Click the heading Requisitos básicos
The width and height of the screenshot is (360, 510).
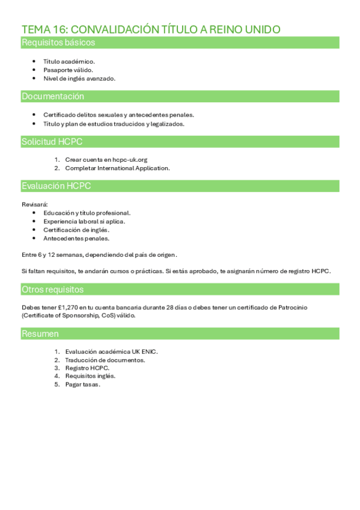click(58, 43)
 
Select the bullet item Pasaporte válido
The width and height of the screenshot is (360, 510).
click(68, 70)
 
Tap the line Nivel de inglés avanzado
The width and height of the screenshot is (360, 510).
click(79, 78)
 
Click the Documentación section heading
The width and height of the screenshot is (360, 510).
click(53, 96)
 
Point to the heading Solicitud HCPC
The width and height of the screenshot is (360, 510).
click(52, 141)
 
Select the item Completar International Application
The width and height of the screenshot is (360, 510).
click(117, 168)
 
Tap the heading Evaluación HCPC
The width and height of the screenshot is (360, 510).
click(56, 186)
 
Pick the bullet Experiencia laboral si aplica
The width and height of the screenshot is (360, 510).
click(84, 221)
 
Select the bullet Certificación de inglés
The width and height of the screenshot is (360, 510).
click(76, 230)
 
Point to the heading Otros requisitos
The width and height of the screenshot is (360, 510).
click(52, 289)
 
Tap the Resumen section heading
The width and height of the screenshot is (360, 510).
click(40, 333)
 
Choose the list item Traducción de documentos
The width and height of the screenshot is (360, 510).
click(105, 360)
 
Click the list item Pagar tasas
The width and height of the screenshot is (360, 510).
click(82, 385)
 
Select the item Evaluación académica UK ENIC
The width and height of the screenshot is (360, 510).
click(111, 351)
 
